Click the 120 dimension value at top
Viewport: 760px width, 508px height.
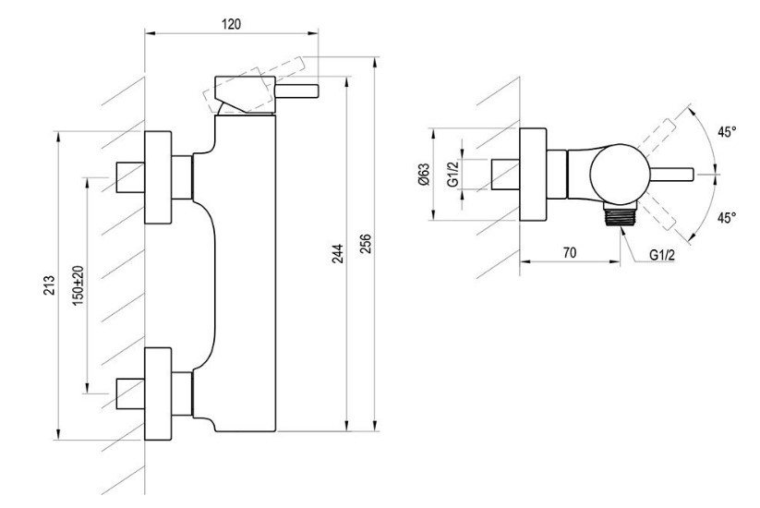coord(231,24)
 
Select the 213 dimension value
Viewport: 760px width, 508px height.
coord(50,285)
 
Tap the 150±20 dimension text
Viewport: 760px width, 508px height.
coord(78,285)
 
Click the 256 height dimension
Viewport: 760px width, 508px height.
coord(366,243)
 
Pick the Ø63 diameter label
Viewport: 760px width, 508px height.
coord(424,175)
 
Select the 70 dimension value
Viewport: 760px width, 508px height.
coord(570,252)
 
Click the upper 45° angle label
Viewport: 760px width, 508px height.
coord(727,131)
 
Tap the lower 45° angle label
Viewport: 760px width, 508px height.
coord(727,218)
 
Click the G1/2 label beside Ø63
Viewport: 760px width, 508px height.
coord(452,174)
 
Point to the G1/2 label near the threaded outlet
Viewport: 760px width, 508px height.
coord(662,255)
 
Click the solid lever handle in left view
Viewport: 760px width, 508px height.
coord(297,91)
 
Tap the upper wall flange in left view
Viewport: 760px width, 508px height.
coord(158,177)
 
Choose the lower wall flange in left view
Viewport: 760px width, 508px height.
coord(158,393)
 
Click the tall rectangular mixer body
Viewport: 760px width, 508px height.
coord(245,272)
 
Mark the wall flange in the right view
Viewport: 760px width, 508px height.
coord(533,175)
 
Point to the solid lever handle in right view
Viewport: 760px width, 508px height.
coord(670,174)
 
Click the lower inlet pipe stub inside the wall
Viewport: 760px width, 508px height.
coord(130,393)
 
